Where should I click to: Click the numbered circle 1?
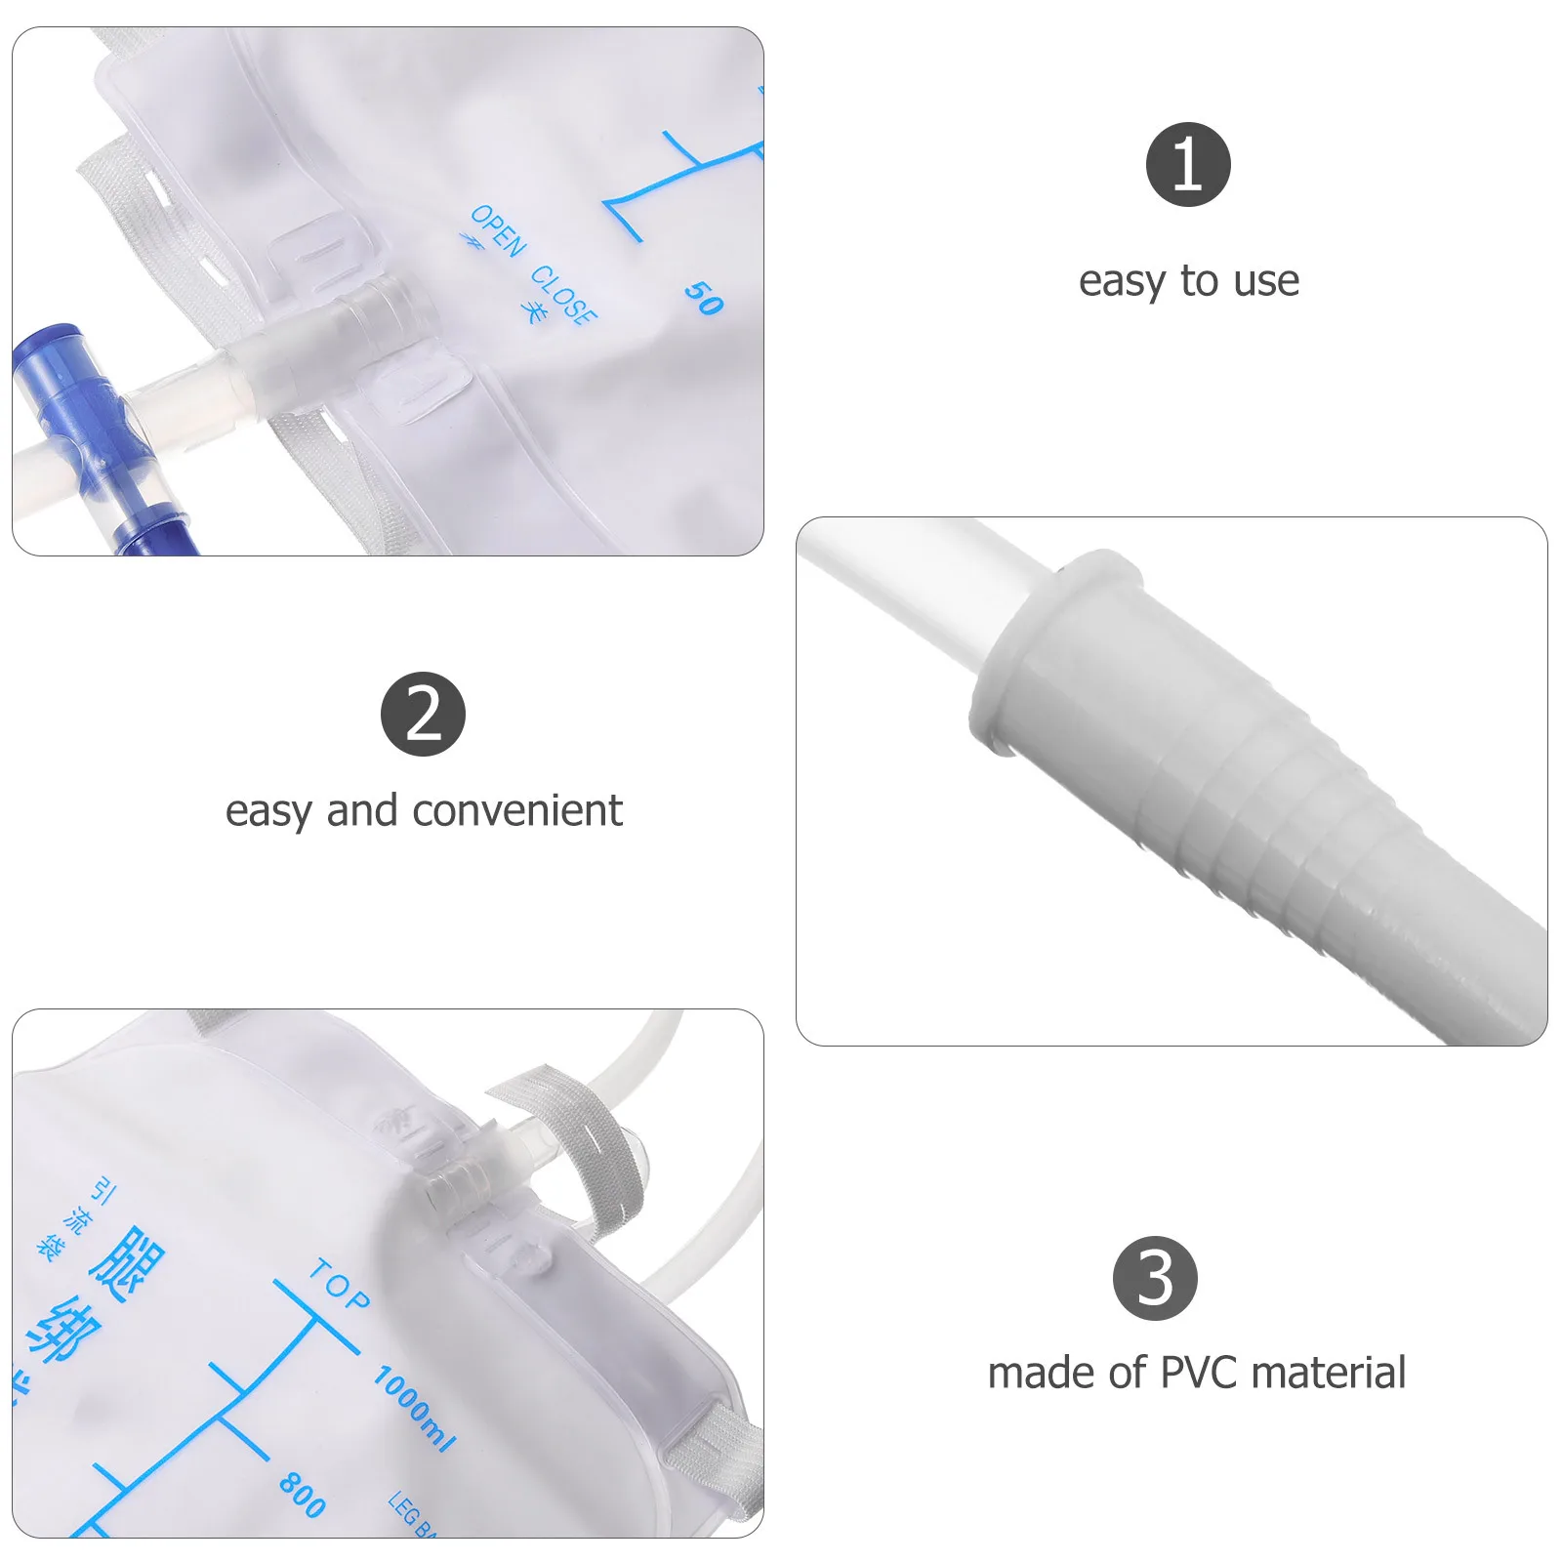tap(1187, 164)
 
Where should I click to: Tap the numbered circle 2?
tap(423, 714)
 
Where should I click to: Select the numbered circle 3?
tap(1155, 1278)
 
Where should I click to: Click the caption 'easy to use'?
tap(1188, 281)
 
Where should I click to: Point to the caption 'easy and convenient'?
tap(423, 810)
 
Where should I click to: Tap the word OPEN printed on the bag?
tap(498, 231)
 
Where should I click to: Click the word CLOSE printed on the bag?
tap(563, 292)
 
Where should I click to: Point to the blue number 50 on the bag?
tap(703, 297)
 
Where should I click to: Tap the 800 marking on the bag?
tap(302, 1495)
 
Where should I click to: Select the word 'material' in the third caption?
tap(1328, 1373)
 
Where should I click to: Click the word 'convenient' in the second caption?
tap(516, 810)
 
